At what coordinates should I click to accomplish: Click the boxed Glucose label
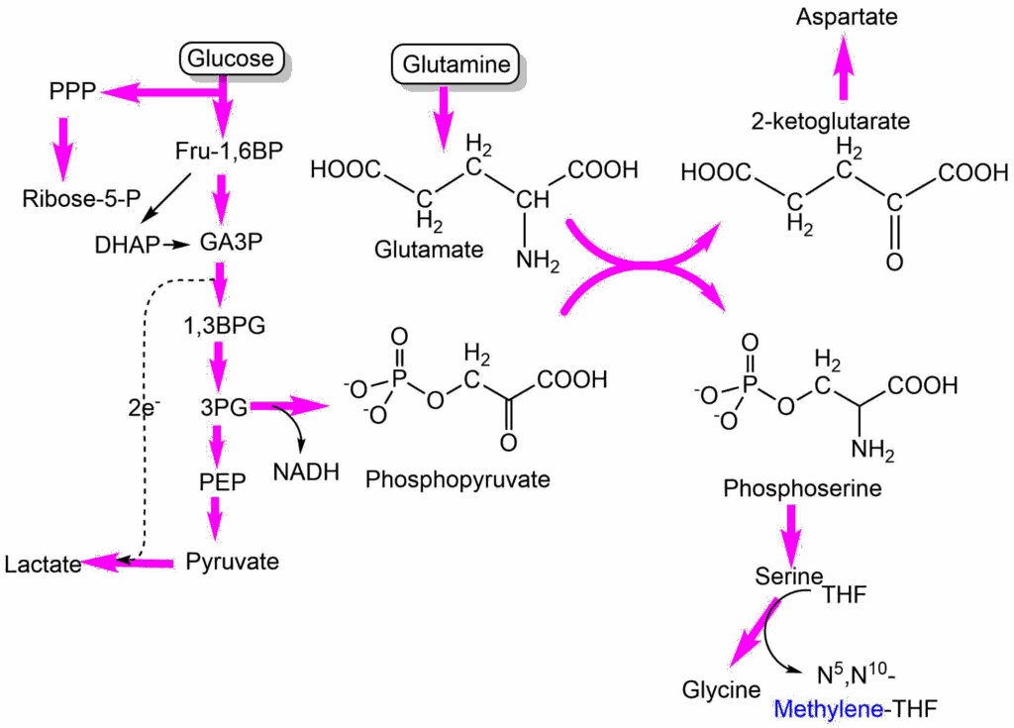[231, 58]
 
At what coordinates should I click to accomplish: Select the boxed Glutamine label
[456, 65]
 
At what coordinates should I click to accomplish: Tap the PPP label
[71, 91]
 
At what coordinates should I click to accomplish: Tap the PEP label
[221, 481]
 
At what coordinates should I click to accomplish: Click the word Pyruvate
[232, 562]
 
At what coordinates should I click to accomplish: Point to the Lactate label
[42, 565]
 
